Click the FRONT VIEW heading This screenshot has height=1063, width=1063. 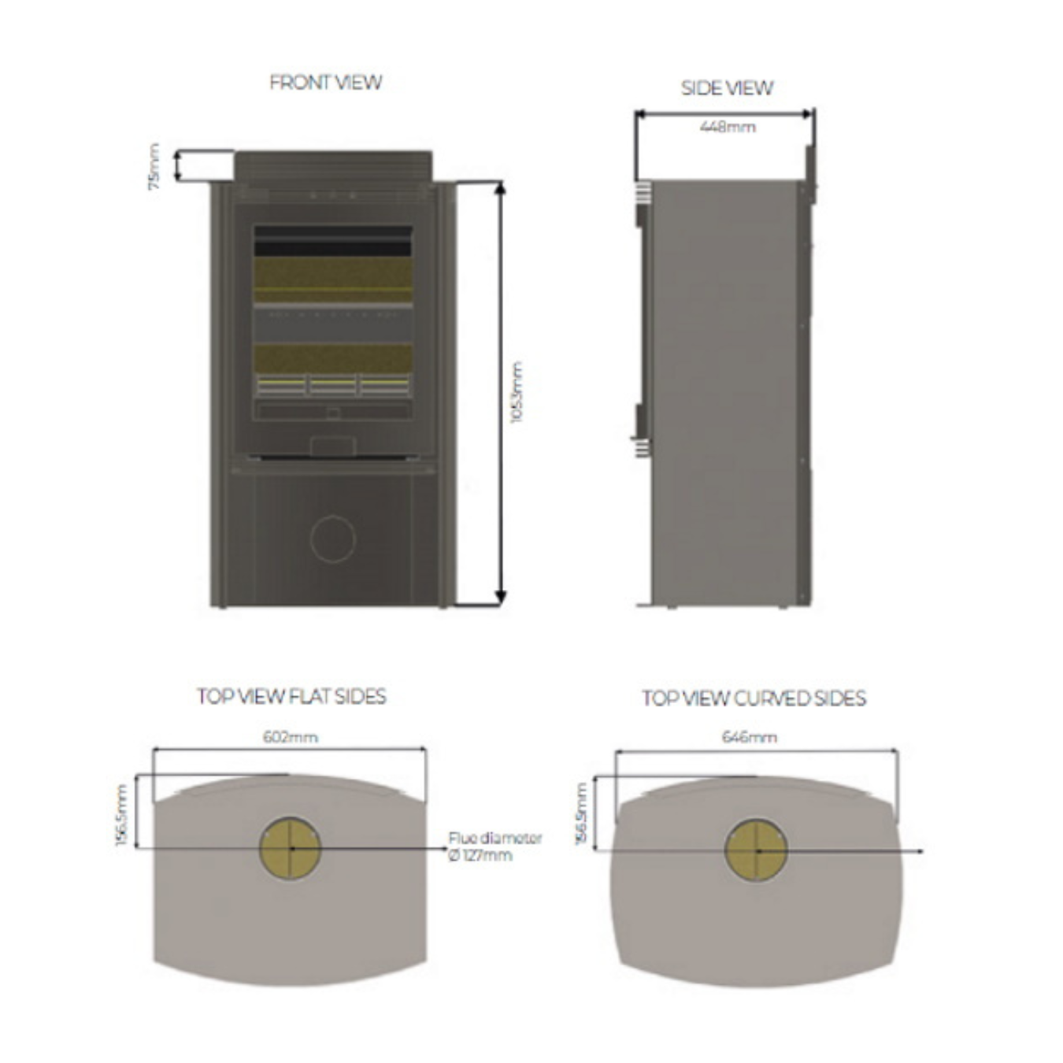tap(325, 83)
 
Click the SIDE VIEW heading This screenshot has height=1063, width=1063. tap(727, 88)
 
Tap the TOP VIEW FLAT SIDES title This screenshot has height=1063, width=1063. tap(291, 697)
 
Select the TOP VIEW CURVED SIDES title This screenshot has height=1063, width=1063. tap(754, 698)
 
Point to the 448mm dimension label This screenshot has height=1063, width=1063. tap(728, 127)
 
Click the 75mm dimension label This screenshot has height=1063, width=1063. tap(154, 166)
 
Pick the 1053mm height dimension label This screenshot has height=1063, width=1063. tap(517, 392)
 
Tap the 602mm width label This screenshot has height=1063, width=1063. tap(290, 737)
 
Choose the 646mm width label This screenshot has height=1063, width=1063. tap(749, 737)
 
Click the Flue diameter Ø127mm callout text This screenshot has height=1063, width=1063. tap(494, 846)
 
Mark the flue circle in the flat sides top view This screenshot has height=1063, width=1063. tap(290, 848)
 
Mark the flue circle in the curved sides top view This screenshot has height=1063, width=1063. tap(756, 850)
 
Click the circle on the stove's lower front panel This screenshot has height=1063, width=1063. tap(333, 539)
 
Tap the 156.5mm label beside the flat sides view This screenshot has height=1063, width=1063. tap(121, 815)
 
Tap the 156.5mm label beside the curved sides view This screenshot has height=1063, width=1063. tap(582, 814)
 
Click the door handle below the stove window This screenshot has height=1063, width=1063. tap(333, 446)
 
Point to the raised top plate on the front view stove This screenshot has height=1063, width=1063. tap(333, 166)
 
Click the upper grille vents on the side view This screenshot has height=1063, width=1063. tap(643, 192)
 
